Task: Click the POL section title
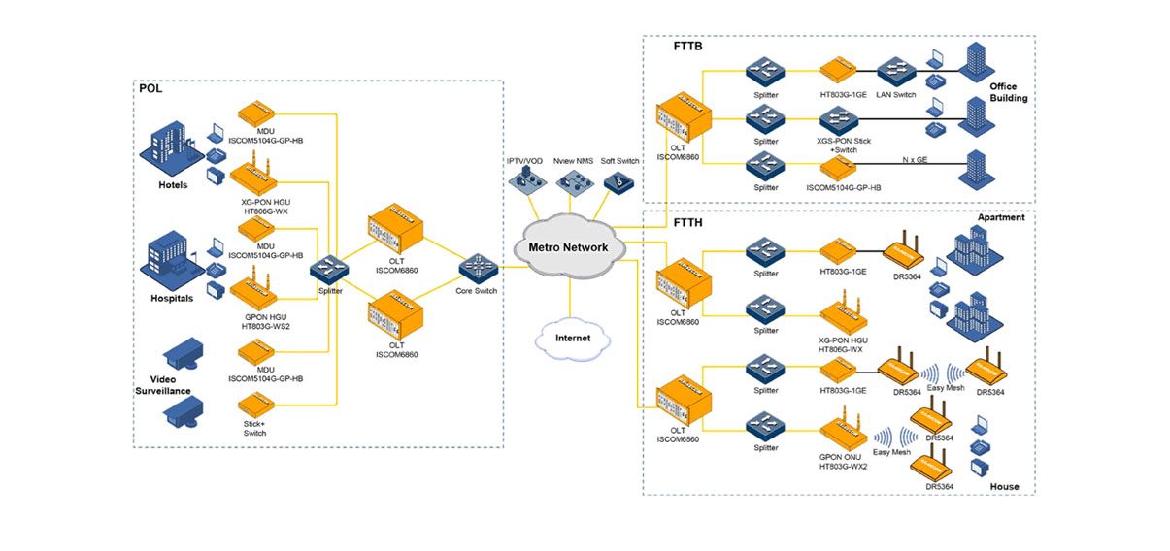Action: (x=150, y=88)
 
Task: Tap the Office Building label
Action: (x=1009, y=92)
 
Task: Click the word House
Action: (x=1004, y=486)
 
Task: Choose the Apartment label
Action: (x=1001, y=218)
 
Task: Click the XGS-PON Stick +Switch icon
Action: (x=834, y=120)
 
